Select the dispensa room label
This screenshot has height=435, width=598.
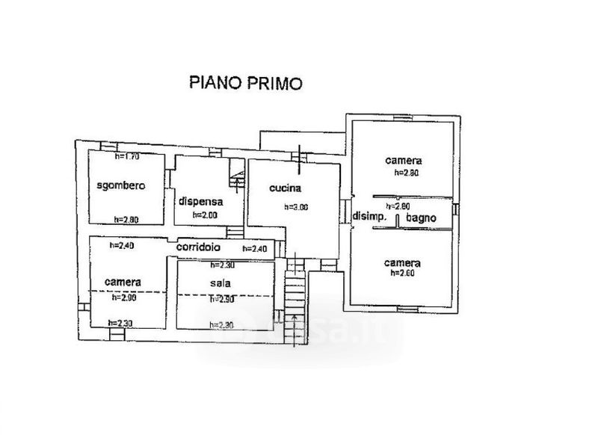201,200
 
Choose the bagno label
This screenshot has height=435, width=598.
421,217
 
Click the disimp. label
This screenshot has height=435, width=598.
369,217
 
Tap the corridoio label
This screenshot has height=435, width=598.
198,247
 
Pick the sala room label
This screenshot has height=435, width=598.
221,283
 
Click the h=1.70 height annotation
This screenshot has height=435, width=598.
128,157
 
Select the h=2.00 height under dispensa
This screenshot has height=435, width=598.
204,215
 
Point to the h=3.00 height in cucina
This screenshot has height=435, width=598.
296,207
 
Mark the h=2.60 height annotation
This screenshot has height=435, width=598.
402,274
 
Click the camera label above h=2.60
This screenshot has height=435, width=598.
402,263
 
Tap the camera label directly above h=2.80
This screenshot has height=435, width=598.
404,161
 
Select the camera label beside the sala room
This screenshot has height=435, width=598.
123,283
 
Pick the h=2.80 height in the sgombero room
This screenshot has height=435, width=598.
126,219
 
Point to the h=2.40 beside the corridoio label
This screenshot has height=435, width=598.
254,249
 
